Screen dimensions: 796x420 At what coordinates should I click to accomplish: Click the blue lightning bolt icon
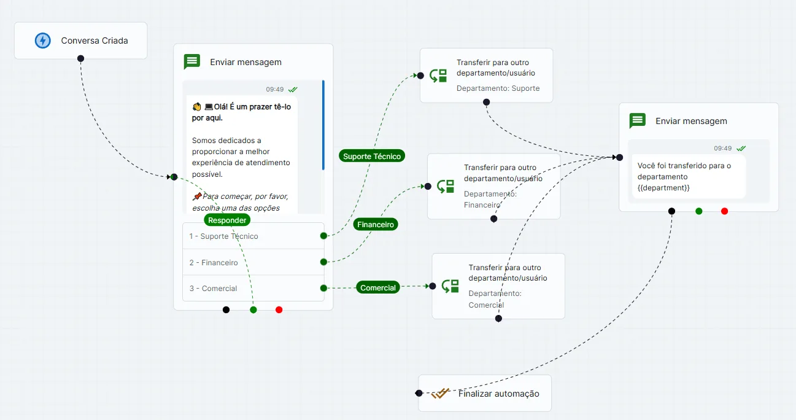tap(42, 41)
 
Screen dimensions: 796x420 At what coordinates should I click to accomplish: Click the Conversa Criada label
tap(95, 41)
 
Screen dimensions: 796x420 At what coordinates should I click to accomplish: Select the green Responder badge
tap(227, 220)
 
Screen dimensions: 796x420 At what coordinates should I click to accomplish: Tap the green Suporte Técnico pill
tap(372, 156)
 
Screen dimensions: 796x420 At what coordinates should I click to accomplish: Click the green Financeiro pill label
tap(375, 224)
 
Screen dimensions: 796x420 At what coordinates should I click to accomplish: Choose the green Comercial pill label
tap(377, 287)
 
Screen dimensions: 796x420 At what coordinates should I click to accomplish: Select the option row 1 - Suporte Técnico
tap(253, 236)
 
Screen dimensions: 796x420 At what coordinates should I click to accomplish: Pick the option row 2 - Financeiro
tap(253, 262)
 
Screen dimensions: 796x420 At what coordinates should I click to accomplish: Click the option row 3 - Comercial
tap(253, 288)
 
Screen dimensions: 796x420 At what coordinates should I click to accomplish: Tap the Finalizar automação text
tap(498, 394)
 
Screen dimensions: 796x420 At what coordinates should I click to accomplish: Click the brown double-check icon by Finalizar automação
tap(440, 394)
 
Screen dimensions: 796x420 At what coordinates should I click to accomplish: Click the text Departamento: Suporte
tap(498, 88)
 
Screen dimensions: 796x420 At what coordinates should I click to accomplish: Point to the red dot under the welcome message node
tap(279, 309)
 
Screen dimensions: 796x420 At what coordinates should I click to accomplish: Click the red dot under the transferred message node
tap(725, 211)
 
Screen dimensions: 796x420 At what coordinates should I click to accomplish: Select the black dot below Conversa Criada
tap(80, 58)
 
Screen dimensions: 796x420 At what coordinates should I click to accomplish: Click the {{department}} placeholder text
tap(663, 188)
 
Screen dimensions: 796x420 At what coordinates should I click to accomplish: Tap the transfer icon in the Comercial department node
tap(450, 286)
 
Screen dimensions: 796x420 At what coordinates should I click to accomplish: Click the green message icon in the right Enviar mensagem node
tap(638, 120)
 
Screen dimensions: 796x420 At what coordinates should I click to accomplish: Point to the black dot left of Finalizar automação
tap(419, 393)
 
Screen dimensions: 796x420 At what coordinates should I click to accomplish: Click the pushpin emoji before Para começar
tap(197, 196)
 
